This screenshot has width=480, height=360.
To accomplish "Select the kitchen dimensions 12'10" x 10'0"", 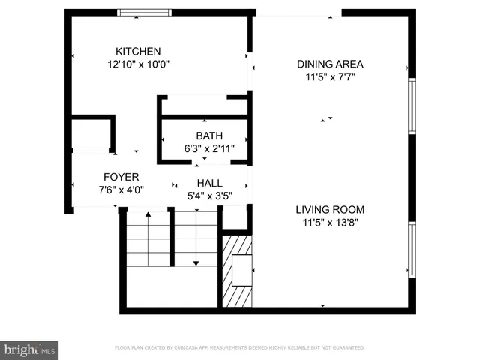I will pyautogui.click(x=138, y=64).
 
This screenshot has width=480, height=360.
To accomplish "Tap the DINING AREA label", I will pyautogui.click(x=330, y=64).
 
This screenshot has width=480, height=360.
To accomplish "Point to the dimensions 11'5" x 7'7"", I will pyautogui.click(x=330, y=76).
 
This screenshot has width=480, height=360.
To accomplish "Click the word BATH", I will pyautogui.click(x=209, y=136).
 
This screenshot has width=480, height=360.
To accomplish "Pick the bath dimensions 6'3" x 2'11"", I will pyautogui.click(x=209, y=148).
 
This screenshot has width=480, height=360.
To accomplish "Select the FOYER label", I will pyautogui.click(x=121, y=177).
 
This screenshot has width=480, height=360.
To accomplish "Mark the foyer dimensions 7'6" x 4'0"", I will pyautogui.click(x=121, y=190).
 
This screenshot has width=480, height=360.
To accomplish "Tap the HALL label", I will pyautogui.click(x=209, y=183).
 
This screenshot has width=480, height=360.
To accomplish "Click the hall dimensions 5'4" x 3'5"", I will pyautogui.click(x=209, y=196).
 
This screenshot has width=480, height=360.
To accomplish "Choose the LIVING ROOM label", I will pyautogui.click(x=330, y=209).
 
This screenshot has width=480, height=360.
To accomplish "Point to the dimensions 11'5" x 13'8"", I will pyautogui.click(x=330, y=222).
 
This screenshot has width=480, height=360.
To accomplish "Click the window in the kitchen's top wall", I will pyautogui.click(x=145, y=13).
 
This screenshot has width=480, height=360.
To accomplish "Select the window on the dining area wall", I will pyautogui.click(x=411, y=106).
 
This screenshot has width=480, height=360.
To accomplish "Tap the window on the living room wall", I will pyautogui.click(x=411, y=250).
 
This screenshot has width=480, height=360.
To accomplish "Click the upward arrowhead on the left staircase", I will pyautogui.click(x=148, y=215).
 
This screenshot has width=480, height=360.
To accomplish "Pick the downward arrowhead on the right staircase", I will pyautogui.click(x=196, y=262).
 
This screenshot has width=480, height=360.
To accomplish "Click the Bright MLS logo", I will pyautogui.click(x=29, y=350).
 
